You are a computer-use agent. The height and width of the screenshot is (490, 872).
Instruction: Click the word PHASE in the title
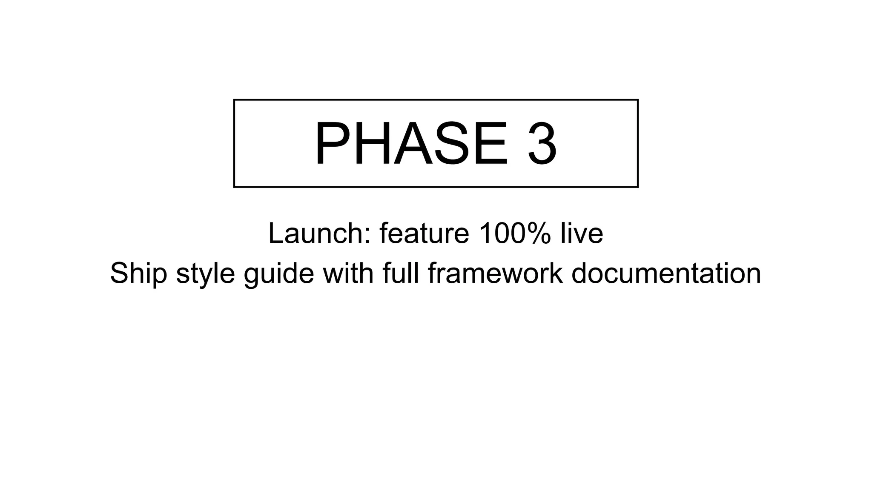click(x=411, y=144)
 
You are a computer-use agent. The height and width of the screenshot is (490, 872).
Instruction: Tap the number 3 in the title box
click(x=542, y=144)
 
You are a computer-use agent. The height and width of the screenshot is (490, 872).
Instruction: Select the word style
click(x=205, y=273)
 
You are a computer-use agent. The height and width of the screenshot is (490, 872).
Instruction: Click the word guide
click(x=279, y=273)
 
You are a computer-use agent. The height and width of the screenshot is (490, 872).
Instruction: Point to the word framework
click(x=495, y=273)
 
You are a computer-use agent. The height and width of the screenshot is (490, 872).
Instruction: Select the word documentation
click(x=666, y=273)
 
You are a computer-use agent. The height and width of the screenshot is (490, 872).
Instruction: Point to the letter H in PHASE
click(x=370, y=144)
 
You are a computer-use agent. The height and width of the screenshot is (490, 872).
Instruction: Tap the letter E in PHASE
click(x=490, y=144)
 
